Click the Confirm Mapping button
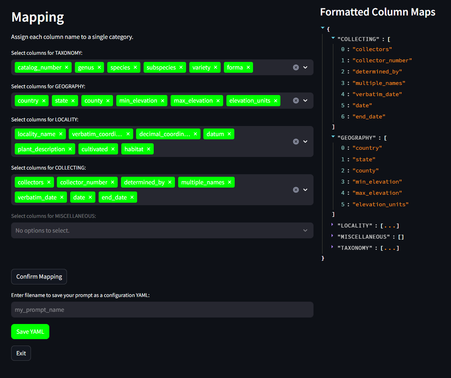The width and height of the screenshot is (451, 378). (x=39, y=276)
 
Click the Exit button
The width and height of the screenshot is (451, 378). (x=21, y=353)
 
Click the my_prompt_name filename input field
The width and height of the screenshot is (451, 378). (x=162, y=310)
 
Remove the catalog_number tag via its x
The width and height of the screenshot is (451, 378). (x=67, y=67)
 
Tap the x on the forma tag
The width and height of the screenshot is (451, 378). (x=248, y=67)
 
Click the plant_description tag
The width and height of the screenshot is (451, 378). (x=41, y=149)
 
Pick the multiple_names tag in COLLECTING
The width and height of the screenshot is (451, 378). (x=203, y=182)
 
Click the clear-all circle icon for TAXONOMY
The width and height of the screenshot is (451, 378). (x=296, y=67)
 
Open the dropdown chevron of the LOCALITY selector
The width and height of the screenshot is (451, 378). (x=305, y=141)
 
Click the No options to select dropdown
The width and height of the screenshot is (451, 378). (x=162, y=230)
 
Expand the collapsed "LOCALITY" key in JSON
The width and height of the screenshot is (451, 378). (x=333, y=225)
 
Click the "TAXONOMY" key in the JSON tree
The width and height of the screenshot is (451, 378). (x=355, y=248)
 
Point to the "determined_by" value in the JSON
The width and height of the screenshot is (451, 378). (x=377, y=72)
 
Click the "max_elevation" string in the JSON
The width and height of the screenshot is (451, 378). (x=377, y=193)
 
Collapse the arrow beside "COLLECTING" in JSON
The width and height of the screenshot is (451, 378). (x=333, y=38)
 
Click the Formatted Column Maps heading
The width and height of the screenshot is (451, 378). (x=378, y=12)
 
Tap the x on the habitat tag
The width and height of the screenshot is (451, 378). (x=149, y=149)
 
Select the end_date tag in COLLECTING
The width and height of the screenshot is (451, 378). (x=114, y=197)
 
